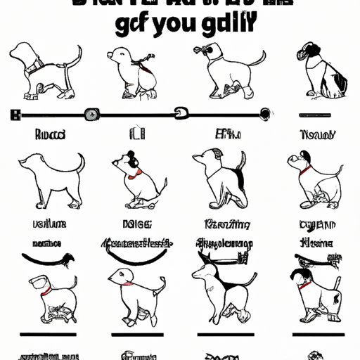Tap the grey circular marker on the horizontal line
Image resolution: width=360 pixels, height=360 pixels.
point(91,113)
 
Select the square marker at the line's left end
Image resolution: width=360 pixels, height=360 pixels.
point(16,113)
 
